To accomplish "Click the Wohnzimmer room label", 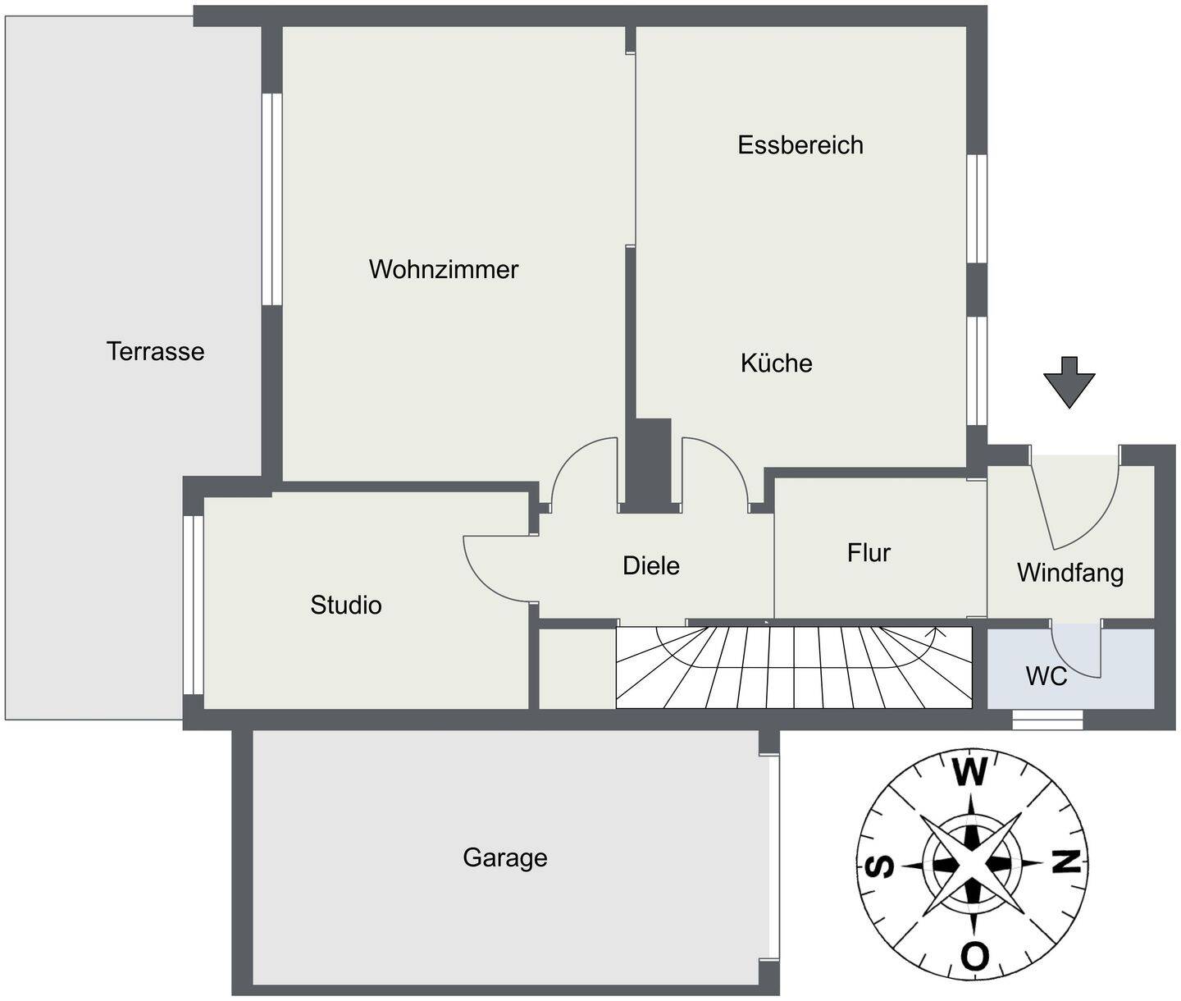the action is (x=444, y=270).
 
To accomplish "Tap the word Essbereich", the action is (x=800, y=145).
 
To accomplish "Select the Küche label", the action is (x=777, y=363).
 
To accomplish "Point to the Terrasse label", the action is (x=155, y=351).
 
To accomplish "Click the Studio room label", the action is (x=345, y=605).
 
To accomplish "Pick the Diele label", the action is (x=650, y=566).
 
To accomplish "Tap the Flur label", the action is (x=869, y=553).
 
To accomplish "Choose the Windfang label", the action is (x=1070, y=574).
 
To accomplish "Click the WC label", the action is (x=1046, y=676).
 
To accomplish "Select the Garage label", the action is (x=505, y=858).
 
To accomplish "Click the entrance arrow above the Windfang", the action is (x=1069, y=382).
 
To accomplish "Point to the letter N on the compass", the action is (x=1065, y=862).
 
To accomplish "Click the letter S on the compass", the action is (x=881, y=866).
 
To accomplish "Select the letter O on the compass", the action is (x=974, y=955).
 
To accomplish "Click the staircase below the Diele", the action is (x=794, y=668).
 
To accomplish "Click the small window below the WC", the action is (x=1047, y=720).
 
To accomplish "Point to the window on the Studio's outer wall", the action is (x=194, y=605).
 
